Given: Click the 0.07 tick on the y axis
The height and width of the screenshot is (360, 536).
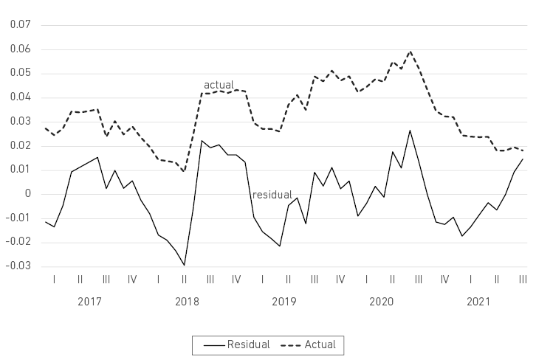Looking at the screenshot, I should pyautogui.click(x=18, y=25).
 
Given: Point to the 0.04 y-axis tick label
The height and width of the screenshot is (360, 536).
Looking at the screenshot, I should pyautogui.click(x=18, y=97).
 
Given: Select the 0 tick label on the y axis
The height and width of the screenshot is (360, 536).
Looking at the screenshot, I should pyautogui.click(x=27, y=193).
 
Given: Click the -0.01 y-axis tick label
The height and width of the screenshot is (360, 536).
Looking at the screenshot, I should pyautogui.click(x=17, y=218).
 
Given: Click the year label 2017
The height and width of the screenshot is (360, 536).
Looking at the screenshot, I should pyautogui.click(x=89, y=302).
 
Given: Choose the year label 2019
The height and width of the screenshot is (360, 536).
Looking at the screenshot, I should pyautogui.click(x=284, y=302).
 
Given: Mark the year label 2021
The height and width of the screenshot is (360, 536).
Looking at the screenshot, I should pyautogui.click(x=478, y=302).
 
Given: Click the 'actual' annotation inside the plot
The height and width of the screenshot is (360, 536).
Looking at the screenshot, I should pyautogui.click(x=219, y=85).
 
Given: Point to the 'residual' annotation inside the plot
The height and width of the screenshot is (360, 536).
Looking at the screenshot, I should pyautogui.click(x=272, y=195).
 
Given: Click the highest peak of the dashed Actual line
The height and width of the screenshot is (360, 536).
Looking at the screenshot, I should pyautogui.click(x=410, y=52).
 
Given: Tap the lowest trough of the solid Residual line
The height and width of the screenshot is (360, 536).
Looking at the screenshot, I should pyautogui.click(x=184, y=265).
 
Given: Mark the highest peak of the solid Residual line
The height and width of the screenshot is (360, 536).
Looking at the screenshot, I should pyautogui.click(x=410, y=131).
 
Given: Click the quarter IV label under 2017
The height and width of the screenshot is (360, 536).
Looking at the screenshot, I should pyautogui.click(x=131, y=280).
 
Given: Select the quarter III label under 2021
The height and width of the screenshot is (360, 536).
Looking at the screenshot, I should pyautogui.click(x=523, y=280).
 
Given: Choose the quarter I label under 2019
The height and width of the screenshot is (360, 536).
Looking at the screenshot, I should pyautogui.click(x=263, y=280).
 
